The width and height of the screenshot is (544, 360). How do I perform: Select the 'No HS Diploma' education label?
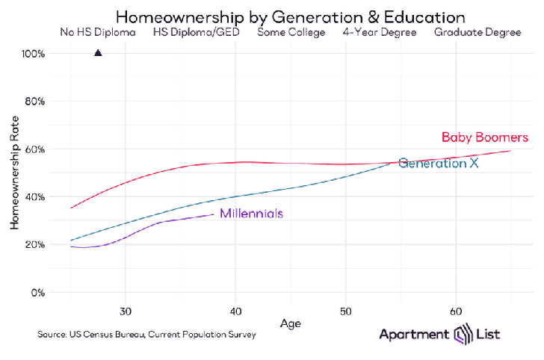tap(97, 32)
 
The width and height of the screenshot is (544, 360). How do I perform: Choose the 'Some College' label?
tap(291, 32)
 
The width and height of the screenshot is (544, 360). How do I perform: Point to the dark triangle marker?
tap(98, 53)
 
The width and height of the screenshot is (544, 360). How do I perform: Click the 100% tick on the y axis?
tap(34, 54)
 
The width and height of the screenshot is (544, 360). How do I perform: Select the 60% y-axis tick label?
tap(35, 149)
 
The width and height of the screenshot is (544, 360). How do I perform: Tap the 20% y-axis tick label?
tap(35, 245)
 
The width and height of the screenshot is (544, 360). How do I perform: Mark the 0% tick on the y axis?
tap(37, 293)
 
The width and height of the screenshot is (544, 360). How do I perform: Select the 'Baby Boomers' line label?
tap(484, 137)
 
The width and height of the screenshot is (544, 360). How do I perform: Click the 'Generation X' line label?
tap(438, 163)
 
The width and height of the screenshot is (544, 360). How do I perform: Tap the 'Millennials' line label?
tap(251, 214)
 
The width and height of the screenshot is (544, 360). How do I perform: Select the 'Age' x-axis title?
tap(291, 323)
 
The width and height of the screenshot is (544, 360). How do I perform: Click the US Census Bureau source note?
tap(146, 335)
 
